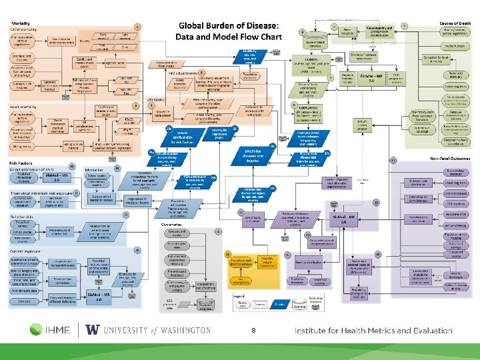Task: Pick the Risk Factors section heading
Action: [23, 162]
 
